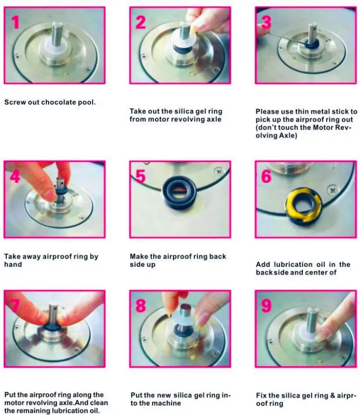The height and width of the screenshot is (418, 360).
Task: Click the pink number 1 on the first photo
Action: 15,22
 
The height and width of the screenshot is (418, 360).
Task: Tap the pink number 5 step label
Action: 140,176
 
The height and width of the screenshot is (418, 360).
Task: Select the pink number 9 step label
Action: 266,305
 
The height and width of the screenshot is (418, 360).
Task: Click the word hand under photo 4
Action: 13,264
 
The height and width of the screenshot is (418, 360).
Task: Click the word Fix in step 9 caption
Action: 261,396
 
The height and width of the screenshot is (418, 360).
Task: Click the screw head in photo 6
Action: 332,189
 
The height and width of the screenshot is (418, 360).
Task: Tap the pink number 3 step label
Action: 266,22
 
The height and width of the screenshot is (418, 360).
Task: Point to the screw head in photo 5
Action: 219,171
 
